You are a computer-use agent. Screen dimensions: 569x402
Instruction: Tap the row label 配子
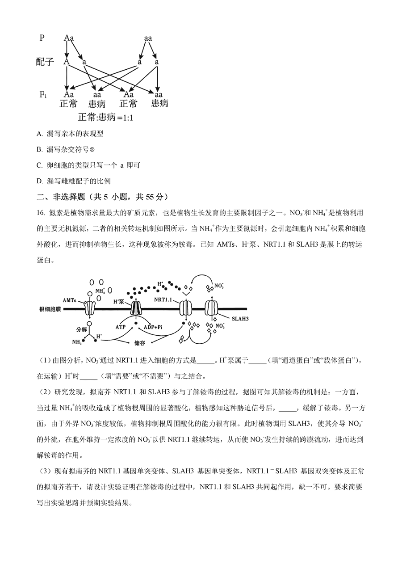[x=45, y=62]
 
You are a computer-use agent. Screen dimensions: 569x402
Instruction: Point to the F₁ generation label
[x=43, y=94]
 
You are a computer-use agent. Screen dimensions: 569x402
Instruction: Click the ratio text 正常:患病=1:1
[x=106, y=117]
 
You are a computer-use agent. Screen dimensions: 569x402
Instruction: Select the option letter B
[x=39, y=149]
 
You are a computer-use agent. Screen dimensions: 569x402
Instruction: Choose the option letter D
[x=39, y=181]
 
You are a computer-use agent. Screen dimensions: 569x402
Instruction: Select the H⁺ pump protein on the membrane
[x=135, y=308]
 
